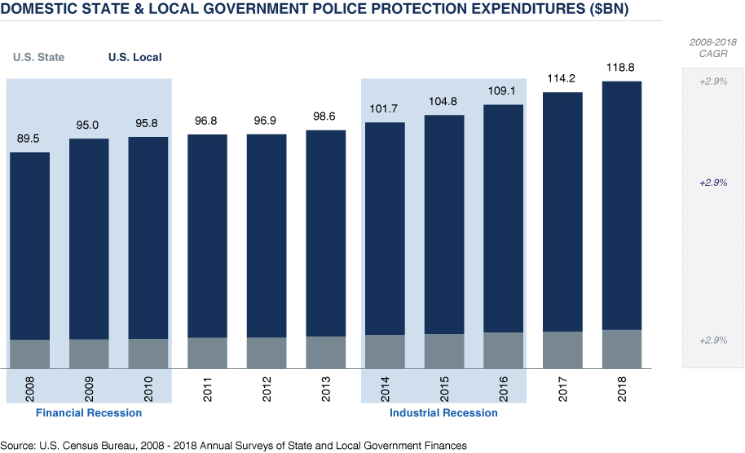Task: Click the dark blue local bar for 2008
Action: coord(30,244)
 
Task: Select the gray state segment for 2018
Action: coord(622,348)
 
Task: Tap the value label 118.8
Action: coord(622,67)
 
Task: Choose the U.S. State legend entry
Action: coord(38,57)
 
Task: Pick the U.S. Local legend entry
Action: coord(135,57)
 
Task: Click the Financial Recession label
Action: coord(89,413)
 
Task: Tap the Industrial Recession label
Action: coord(443,413)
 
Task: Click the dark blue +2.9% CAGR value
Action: coord(713,183)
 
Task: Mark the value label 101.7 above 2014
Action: coord(386,108)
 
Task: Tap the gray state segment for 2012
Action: coord(267,352)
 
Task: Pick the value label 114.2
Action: coord(563,78)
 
